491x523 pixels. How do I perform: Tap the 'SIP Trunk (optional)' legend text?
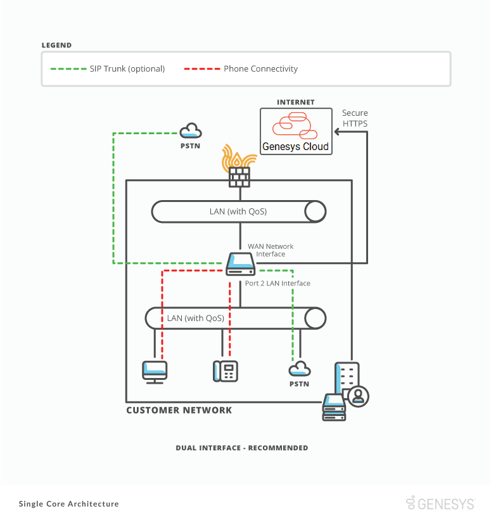click(x=127, y=69)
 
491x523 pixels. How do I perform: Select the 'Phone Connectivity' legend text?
click(x=260, y=69)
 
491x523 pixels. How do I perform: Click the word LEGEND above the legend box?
click(x=56, y=46)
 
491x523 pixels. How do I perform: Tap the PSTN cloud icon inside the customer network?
click(x=299, y=369)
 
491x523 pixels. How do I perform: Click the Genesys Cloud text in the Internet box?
click(x=296, y=147)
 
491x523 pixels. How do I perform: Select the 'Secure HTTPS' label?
click(x=355, y=118)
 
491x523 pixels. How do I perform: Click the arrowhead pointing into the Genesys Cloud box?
click(x=338, y=132)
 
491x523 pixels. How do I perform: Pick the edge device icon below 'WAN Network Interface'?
click(x=241, y=264)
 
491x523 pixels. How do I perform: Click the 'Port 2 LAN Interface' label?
click(x=277, y=284)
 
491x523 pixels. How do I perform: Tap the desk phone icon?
click(x=225, y=370)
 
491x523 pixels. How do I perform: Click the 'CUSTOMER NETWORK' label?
click(x=179, y=410)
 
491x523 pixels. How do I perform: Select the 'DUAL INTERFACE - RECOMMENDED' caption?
click(x=242, y=448)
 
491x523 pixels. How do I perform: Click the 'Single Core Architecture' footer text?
click(x=69, y=504)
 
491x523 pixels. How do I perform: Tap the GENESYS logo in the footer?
click(x=440, y=503)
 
